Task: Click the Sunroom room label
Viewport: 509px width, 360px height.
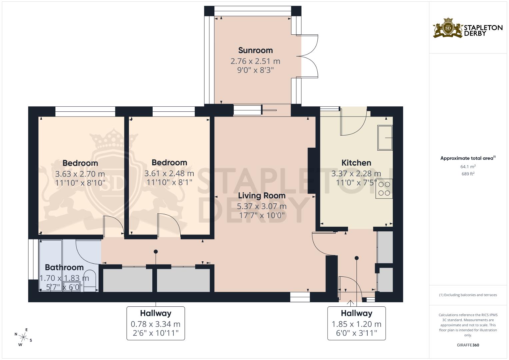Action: (x=255, y=50)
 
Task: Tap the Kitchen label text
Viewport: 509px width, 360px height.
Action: (x=356, y=163)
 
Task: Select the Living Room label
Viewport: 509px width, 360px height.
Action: (x=262, y=196)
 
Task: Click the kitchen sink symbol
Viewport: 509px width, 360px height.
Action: (x=385, y=138)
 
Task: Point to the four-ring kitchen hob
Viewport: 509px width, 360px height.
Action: (x=384, y=189)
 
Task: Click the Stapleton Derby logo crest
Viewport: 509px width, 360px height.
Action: (x=448, y=28)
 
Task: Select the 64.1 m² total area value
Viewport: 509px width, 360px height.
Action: (x=468, y=167)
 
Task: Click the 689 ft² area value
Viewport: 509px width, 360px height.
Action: (x=468, y=174)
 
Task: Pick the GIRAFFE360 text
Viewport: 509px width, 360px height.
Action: (x=468, y=345)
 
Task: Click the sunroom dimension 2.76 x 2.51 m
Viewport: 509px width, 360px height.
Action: (x=255, y=61)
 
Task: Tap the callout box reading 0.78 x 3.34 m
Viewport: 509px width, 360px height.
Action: (x=156, y=323)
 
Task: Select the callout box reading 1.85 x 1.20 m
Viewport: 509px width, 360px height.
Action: (x=356, y=323)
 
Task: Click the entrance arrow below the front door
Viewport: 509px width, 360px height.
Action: (x=350, y=303)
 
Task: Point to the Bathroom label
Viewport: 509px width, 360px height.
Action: (x=64, y=267)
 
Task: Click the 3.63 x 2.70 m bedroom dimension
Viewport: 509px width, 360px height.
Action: (x=80, y=174)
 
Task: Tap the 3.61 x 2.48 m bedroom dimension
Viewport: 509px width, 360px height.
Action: (x=169, y=173)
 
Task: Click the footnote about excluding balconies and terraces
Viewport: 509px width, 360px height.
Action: (x=468, y=295)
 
